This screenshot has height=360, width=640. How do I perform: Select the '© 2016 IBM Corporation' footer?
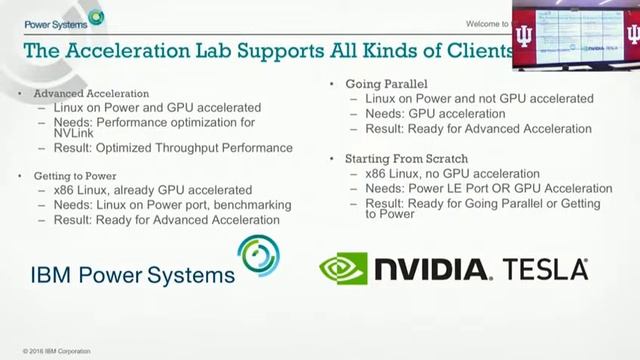coord(56,351)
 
